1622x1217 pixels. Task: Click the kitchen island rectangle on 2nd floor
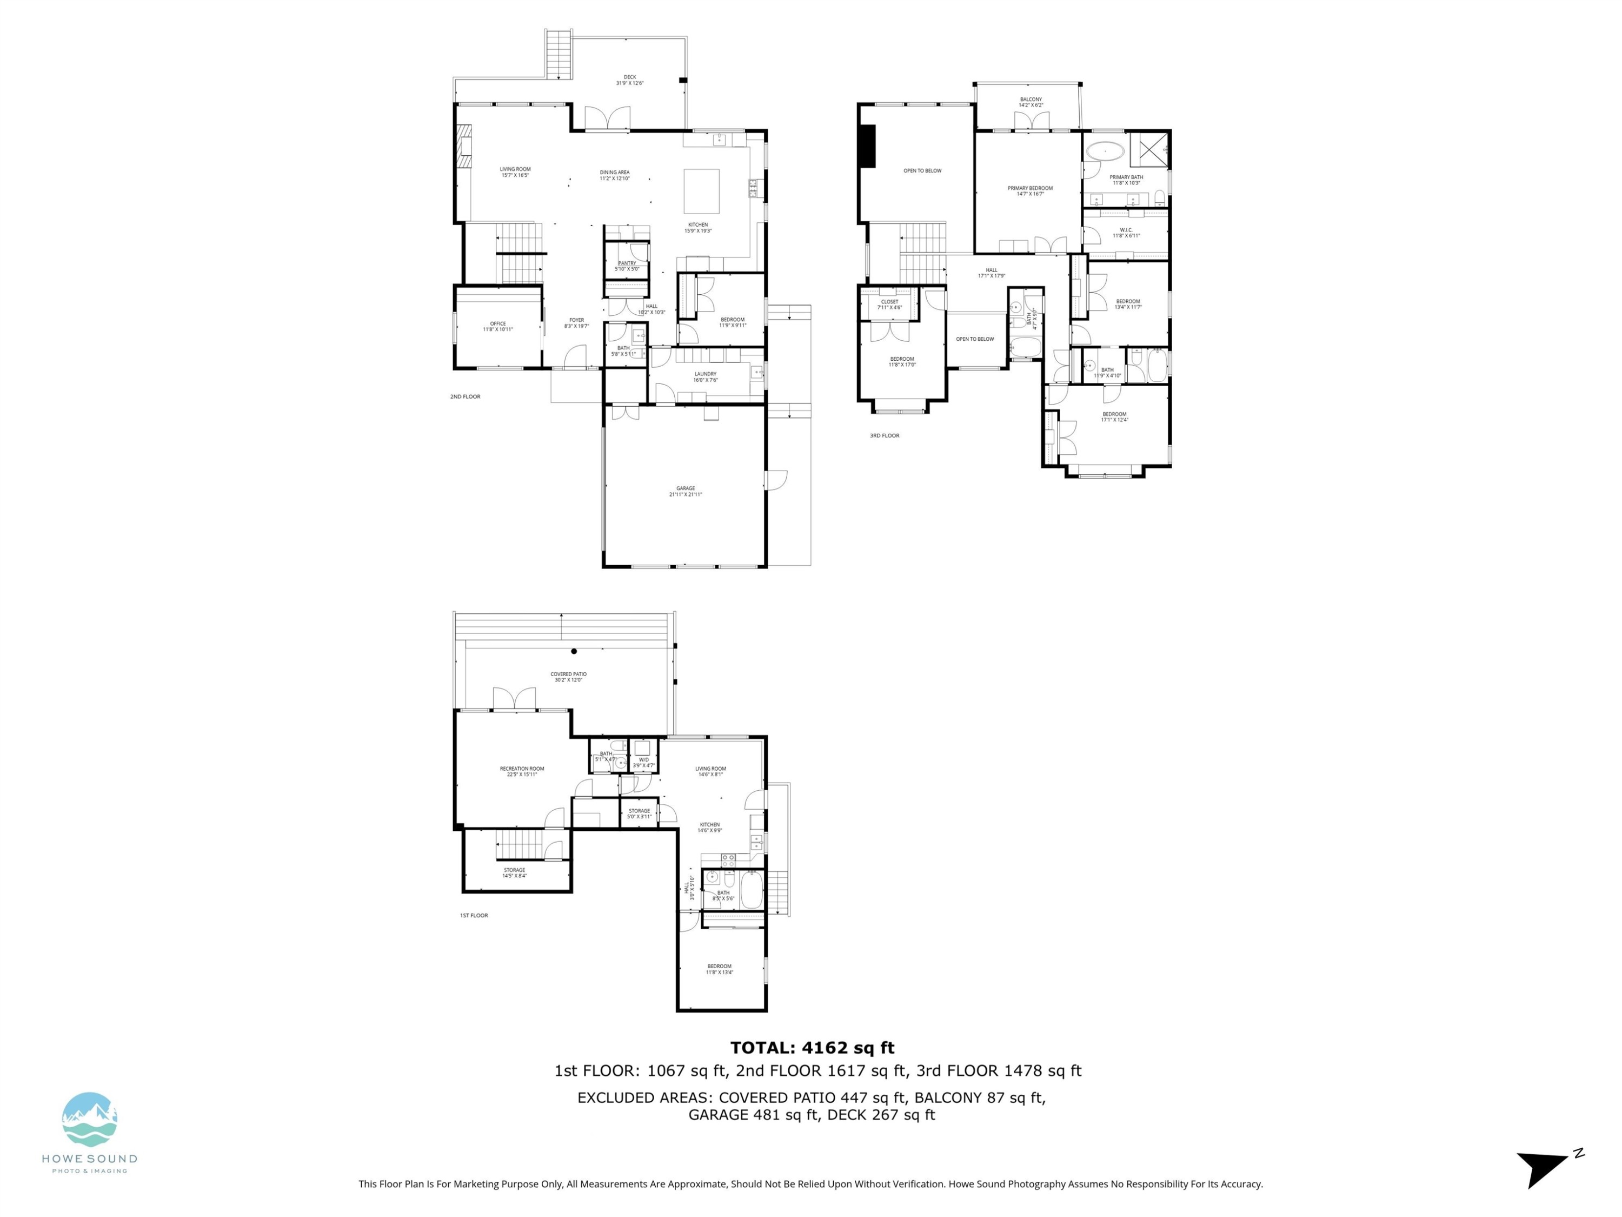(701, 191)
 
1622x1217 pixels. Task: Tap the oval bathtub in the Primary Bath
(1104, 152)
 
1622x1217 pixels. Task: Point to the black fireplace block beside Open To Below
(867, 146)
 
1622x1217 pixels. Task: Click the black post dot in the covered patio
(574, 651)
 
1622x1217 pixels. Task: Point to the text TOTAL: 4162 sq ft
(812, 1048)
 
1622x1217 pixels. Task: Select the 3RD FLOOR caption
(885, 436)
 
